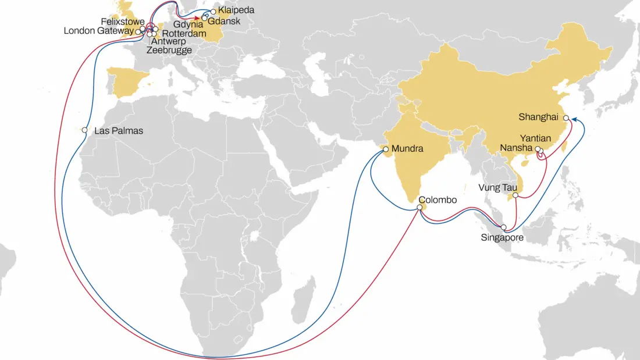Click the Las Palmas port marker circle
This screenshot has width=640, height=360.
85,130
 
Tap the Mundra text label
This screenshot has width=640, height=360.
407,149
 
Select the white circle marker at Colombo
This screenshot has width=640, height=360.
419,207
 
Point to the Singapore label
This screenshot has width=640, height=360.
503,237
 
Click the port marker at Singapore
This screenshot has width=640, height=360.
504,227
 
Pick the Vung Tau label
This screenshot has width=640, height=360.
495,187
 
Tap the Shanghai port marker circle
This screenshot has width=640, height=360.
566,117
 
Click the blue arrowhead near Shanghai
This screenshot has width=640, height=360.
574,119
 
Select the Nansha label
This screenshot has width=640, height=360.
517,149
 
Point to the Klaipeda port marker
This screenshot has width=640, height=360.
214,12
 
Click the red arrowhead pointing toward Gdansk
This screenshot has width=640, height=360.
197,18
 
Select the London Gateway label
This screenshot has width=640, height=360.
98,31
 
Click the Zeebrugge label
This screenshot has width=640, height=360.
169,51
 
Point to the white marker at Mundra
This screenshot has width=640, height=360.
386,150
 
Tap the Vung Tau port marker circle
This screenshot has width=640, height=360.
515,195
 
